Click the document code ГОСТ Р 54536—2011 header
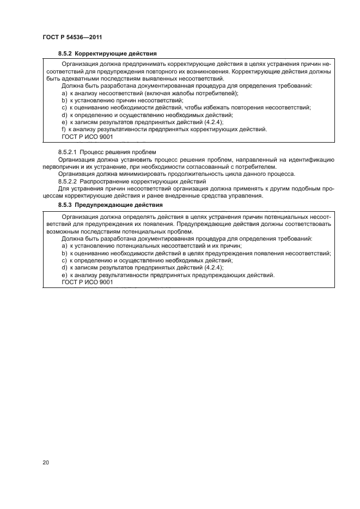pos(72,37)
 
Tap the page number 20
pos(46,463)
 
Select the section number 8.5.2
pos(65,53)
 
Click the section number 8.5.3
pos(65,205)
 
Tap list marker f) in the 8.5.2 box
pos(64,129)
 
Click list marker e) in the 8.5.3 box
pos(64,275)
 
